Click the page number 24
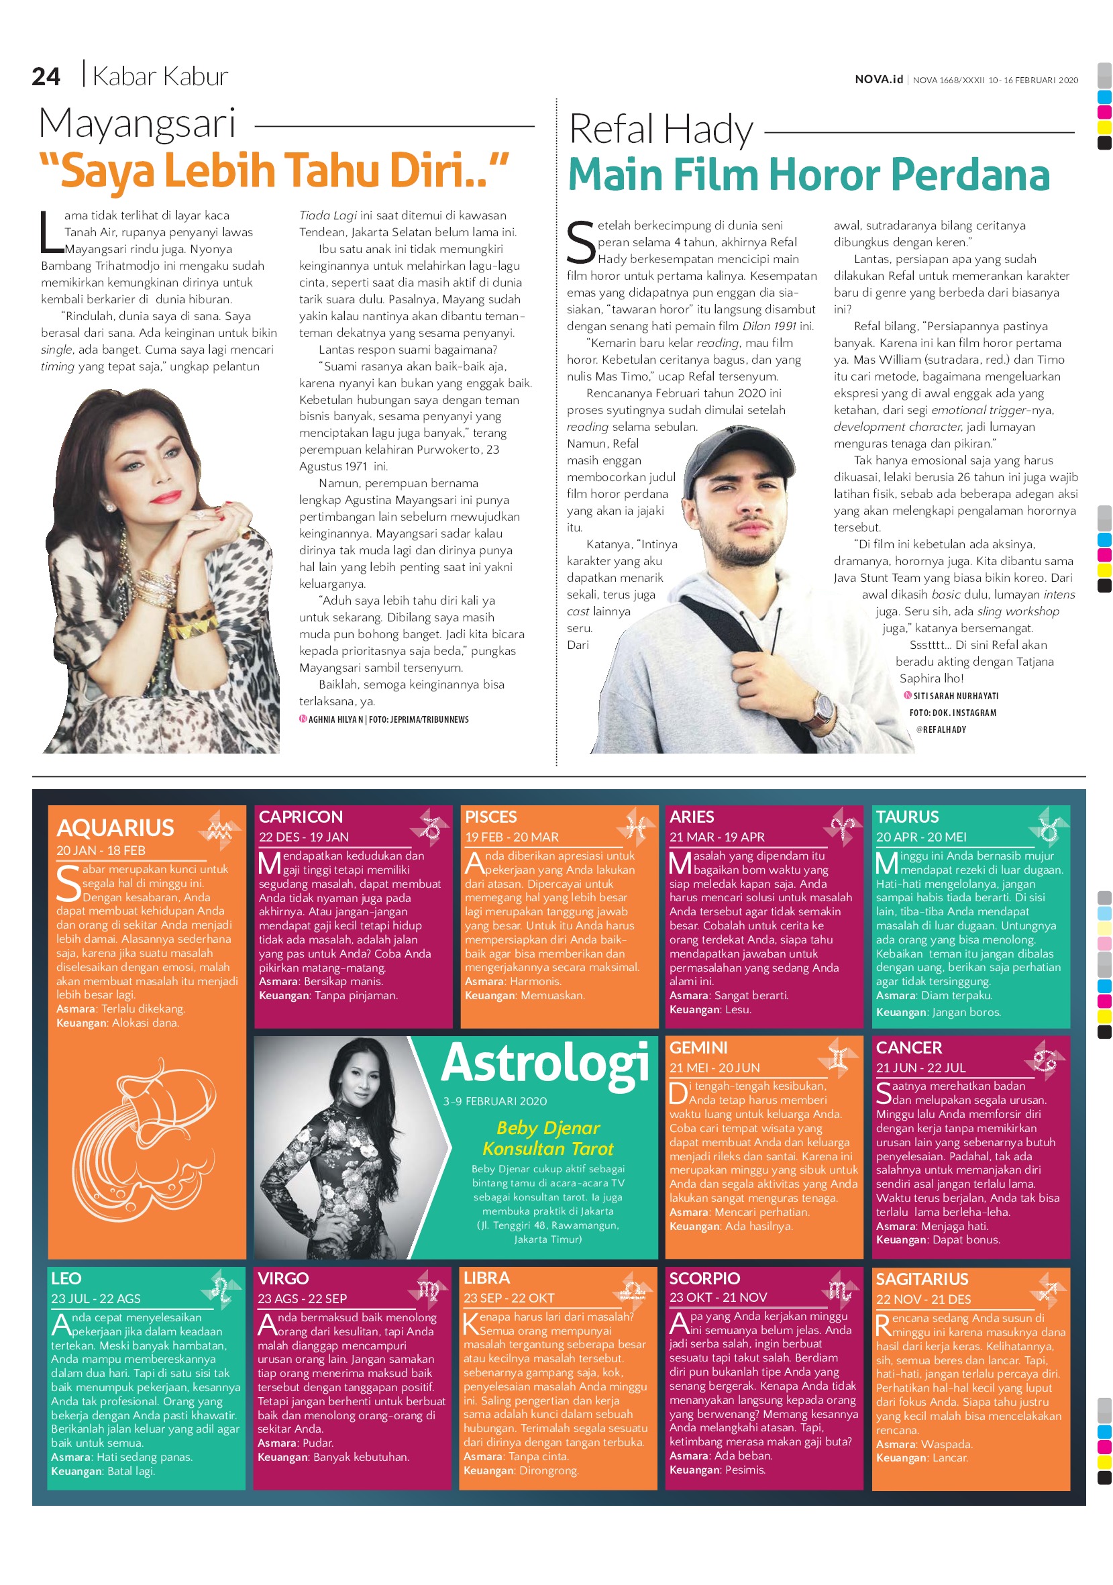click(x=46, y=76)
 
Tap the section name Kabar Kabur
click(x=160, y=76)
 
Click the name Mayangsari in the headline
click(x=138, y=124)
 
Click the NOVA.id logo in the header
click(x=878, y=79)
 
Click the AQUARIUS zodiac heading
click(x=115, y=827)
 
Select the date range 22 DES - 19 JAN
click(x=304, y=837)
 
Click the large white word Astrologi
click(x=545, y=1064)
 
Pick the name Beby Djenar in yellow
click(x=548, y=1127)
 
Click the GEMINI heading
click(x=698, y=1047)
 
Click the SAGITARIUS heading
click(x=922, y=1278)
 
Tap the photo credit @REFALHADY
click(x=941, y=729)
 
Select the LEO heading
click(x=66, y=1278)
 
